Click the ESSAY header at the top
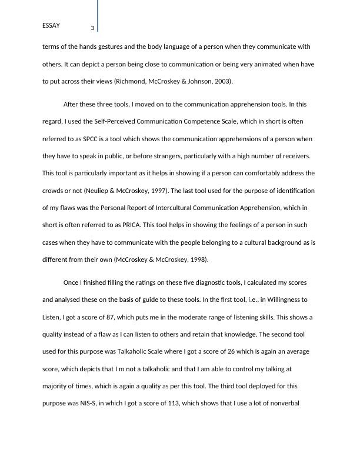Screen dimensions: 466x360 (x=51, y=25)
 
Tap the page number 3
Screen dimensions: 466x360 (x=92, y=28)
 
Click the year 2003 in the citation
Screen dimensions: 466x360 (x=224, y=81)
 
